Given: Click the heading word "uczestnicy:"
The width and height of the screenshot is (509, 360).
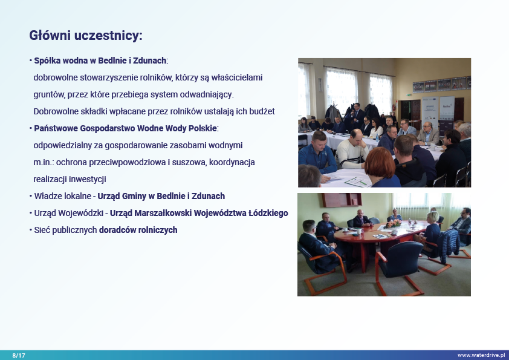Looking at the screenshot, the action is tap(108, 36).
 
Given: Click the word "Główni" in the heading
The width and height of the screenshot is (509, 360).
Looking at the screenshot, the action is tap(50, 35).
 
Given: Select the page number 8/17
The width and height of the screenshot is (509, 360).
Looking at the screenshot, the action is tap(19, 355).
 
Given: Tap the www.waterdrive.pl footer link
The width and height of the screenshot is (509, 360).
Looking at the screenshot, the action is tap(481, 355).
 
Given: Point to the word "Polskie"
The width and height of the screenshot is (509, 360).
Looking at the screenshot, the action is tap(203, 128).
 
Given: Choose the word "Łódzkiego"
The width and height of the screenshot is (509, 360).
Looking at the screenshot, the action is tap(268, 213).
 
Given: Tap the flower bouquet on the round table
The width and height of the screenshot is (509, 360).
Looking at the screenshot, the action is tap(393, 223).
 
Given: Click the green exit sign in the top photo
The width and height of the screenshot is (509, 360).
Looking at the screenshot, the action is tap(408, 94).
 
